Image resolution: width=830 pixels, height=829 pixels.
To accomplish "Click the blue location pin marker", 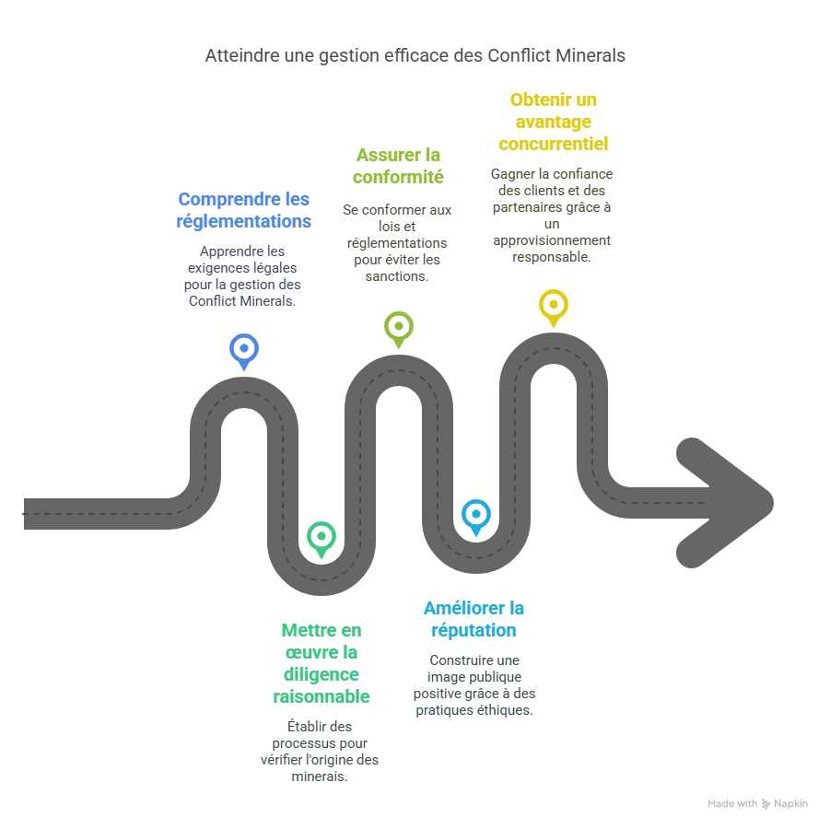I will [x=243, y=349].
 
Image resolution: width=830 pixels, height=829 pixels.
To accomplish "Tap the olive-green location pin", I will [x=398, y=325].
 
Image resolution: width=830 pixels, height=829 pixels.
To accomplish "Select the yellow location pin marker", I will [x=553, y=304].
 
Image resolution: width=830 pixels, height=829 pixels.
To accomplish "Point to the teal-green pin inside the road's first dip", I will [x=321, y=536].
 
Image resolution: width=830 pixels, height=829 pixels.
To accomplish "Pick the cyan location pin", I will [x=475, y=514].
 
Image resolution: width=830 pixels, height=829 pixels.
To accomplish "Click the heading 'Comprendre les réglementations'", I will [x=243, y=210].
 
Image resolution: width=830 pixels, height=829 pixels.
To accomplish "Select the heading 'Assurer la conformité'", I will [x=398, y=166].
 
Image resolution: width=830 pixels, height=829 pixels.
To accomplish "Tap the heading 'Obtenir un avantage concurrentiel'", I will [x=553, y=122].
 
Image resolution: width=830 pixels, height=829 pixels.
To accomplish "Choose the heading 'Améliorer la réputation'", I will [x=473, y=619].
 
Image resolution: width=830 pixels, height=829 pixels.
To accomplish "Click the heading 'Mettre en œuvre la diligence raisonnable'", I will [x=321, y=663].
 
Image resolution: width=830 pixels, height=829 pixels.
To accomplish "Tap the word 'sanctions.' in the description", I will [x=398, y=276].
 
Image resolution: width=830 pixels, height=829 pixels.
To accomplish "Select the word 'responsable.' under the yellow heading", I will [x=552, y=258].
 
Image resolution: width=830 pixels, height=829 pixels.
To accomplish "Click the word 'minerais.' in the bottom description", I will [x=320, y=776].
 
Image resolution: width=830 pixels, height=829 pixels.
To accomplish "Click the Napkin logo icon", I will [x=766, y=804].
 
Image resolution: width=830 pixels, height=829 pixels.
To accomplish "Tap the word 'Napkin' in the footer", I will [x=791, y=804].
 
